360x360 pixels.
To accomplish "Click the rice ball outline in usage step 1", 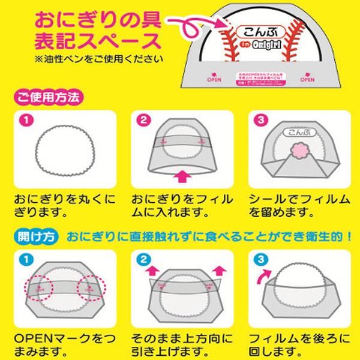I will click(x=69, y=149).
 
